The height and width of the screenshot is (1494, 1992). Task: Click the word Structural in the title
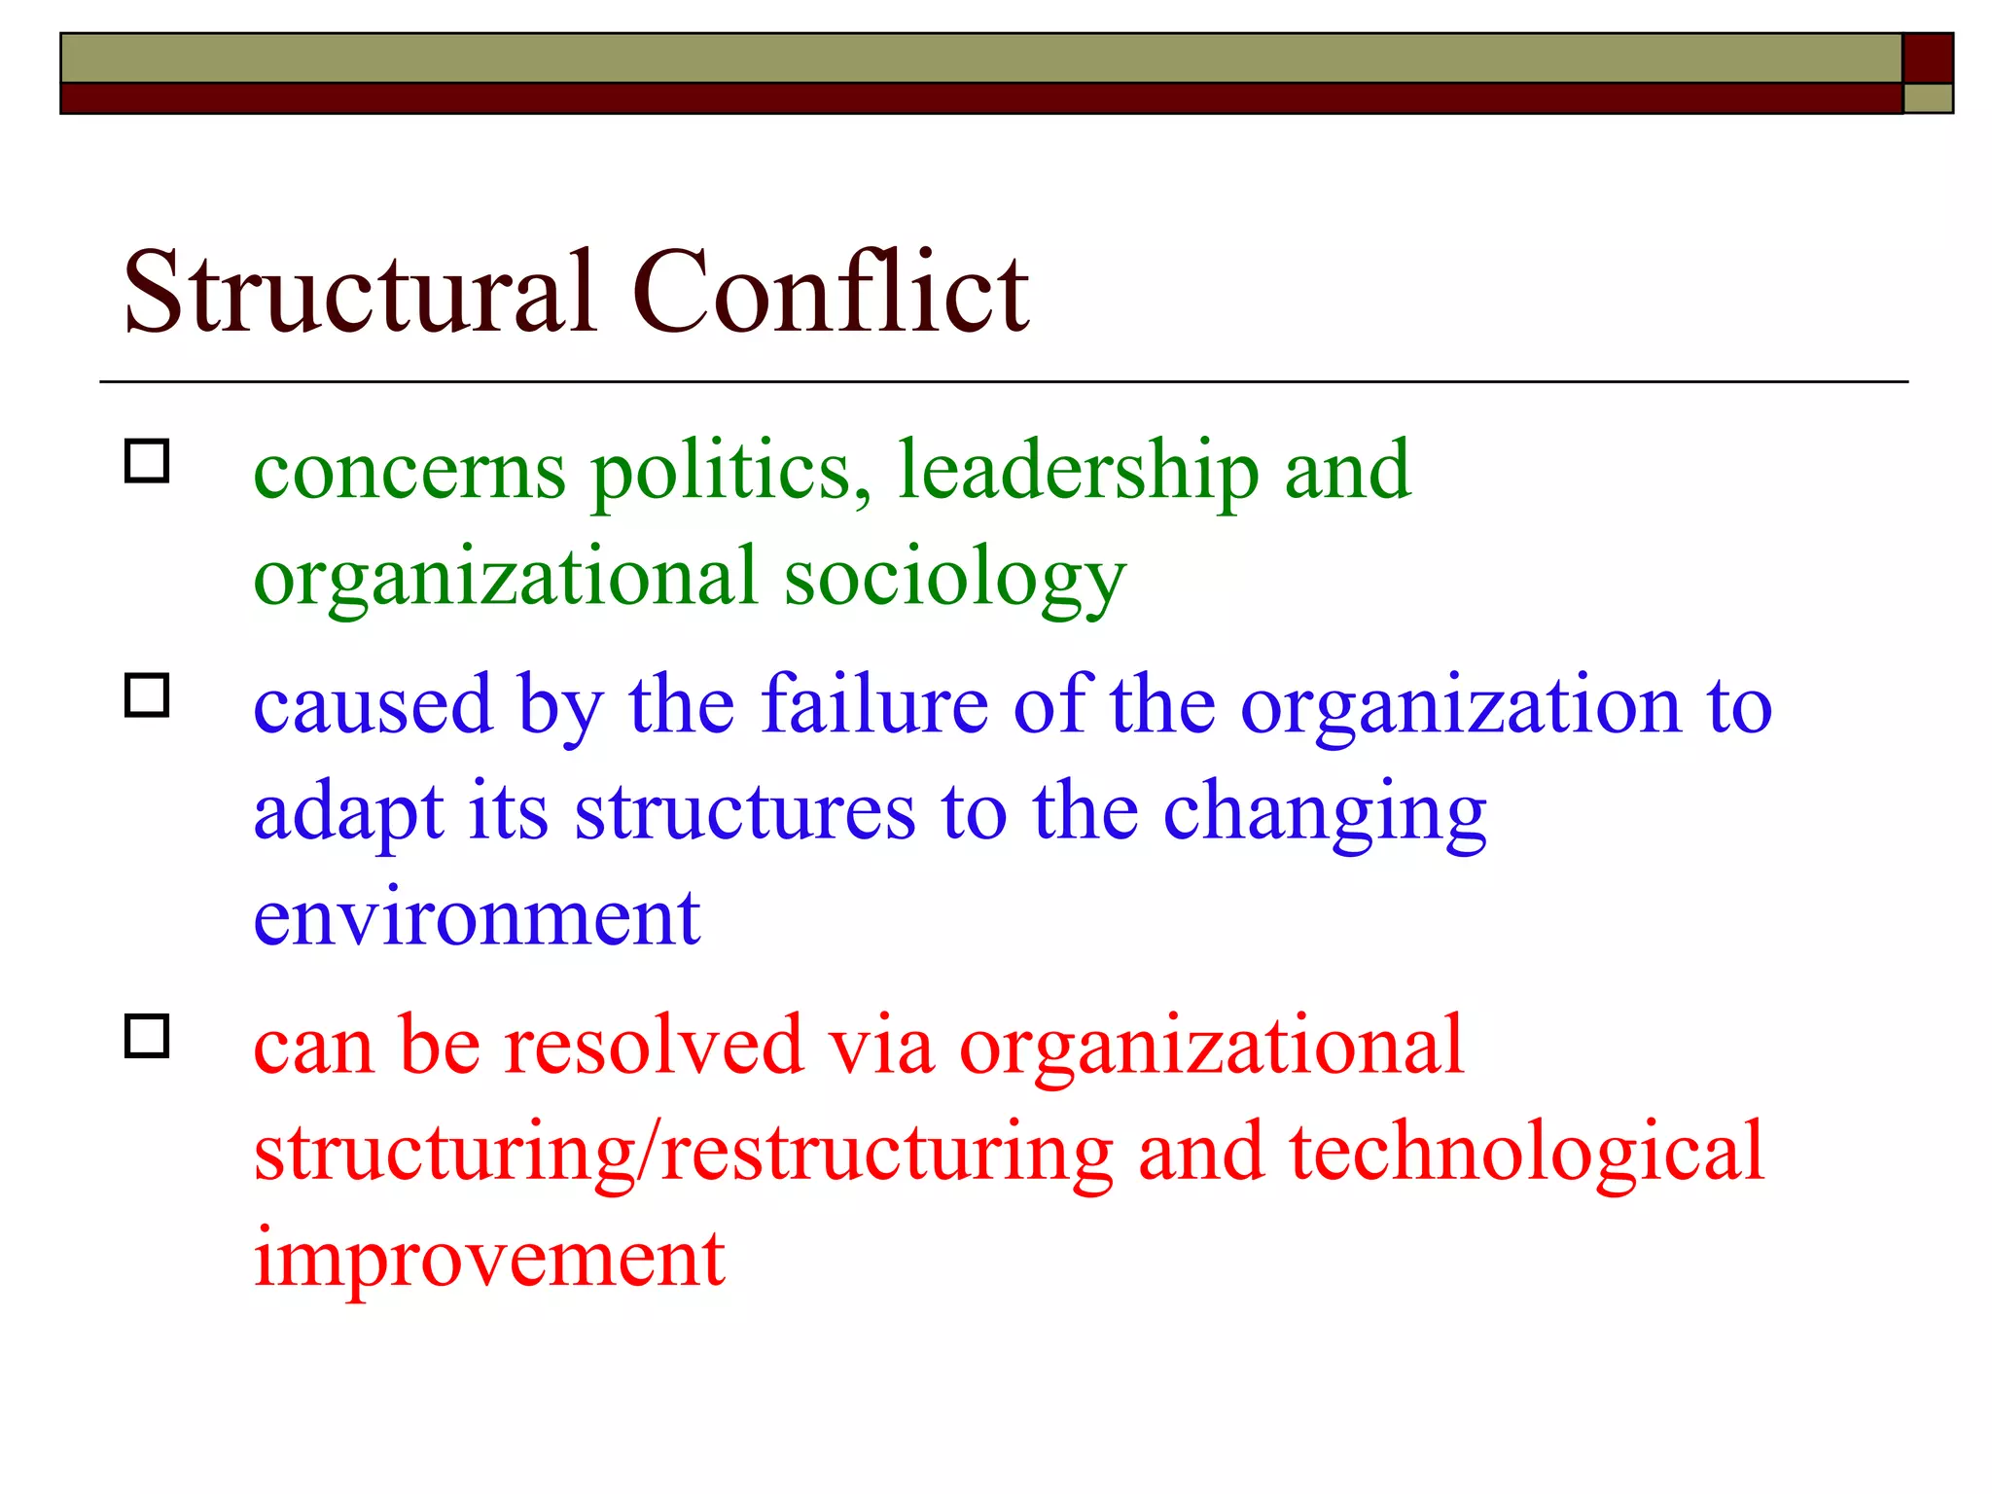pos(360,292)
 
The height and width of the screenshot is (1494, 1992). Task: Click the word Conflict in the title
pos(831,292)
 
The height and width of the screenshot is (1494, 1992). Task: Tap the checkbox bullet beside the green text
pos(147,461)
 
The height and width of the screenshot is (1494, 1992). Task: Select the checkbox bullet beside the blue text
pos(147,695)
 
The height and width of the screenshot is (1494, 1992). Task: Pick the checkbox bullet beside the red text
pos(147,1036)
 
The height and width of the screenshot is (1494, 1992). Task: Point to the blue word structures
pos(745,812)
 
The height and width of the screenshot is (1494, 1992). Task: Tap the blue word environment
pos(477,918)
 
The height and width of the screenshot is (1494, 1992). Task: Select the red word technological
pos(1526,1154)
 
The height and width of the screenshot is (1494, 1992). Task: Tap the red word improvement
pos(489,1261)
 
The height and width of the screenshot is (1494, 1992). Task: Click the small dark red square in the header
pos(1928,58)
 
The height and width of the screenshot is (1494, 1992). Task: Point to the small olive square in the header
pos(1928,98)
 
